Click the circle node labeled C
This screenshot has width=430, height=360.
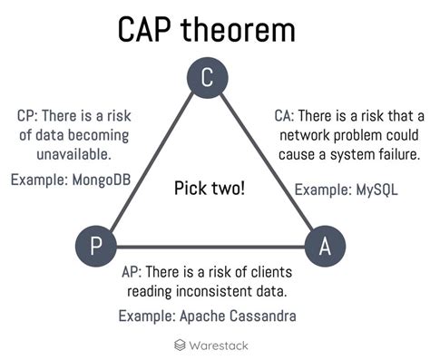208,79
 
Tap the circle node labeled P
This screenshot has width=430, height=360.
94,246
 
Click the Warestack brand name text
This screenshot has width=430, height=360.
219,345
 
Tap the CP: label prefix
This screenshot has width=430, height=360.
28,116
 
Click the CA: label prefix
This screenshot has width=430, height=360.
288,116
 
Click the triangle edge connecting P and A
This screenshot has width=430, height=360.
208,247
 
